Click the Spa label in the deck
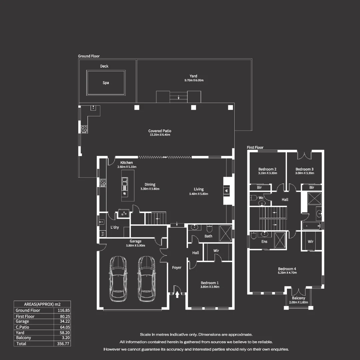coord(106,83)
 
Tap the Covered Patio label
coord(160,131)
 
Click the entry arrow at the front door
coord(177,294)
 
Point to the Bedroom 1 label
coord(210,283)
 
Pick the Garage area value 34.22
coord(63,321)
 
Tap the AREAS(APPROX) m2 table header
coord(42,304)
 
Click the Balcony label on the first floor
coord(298,298)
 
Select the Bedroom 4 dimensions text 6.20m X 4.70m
coord(287,273)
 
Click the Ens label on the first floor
coord(264,242)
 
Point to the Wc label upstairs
coord(261,198)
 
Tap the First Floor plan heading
coord(255,147)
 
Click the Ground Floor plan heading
coord(89,56)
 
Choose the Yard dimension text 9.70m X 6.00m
coord(194,80)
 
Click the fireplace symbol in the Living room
coord(227,191)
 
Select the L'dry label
coord(115,227)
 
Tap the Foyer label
coord(177,267)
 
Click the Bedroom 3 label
coord(304,169)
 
